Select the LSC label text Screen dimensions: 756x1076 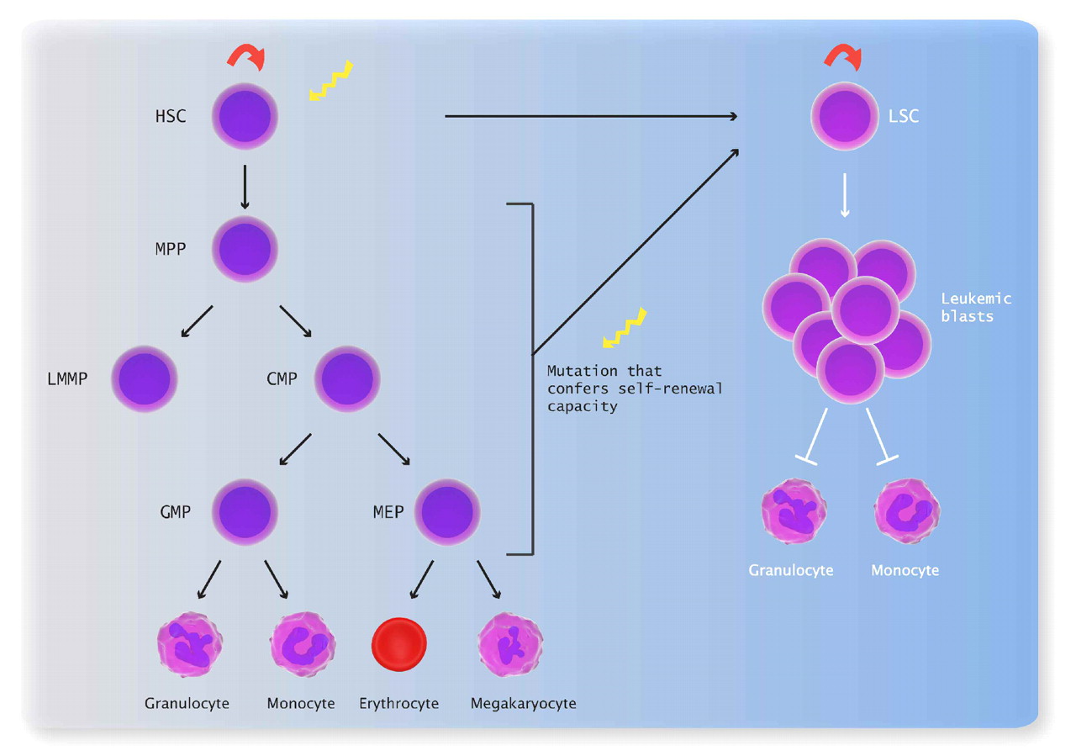(x=904, y=116)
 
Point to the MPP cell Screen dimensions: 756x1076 (x=245, y=248)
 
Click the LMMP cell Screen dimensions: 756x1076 (x=145, y=378)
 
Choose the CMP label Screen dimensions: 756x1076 (x=282, y=379)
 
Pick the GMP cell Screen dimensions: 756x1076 (x=245, y=510)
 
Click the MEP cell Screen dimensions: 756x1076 (x=448, y=510)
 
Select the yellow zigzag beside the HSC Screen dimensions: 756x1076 (x=330, y=81)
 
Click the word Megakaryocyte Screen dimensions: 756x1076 (x=524, y=703)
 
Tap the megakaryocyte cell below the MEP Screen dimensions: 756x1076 (x=510, y=645)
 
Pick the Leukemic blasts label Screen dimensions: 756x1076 (x=975, y=308)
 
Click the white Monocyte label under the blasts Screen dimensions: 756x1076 (x=905, y=570)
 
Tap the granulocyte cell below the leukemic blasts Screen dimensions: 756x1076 (x=794, y=510)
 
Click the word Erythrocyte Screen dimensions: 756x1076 (x=398, y=703)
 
